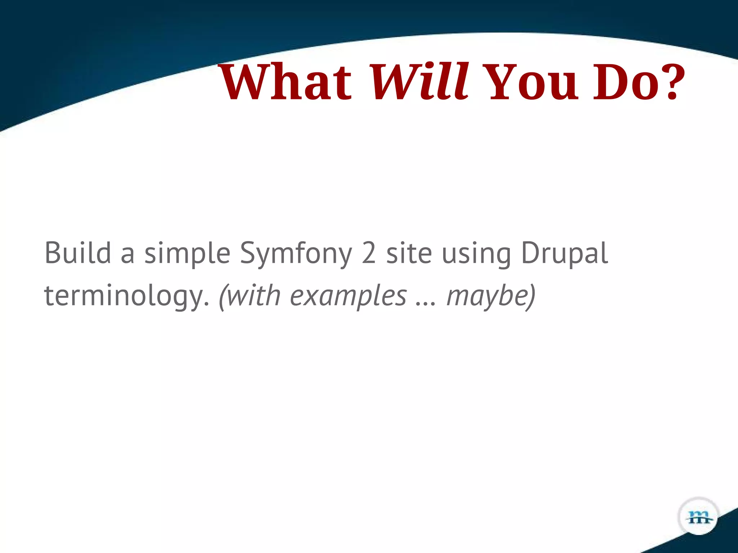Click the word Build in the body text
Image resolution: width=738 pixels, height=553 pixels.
pos(77,253)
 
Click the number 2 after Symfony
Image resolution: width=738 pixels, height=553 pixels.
pos(369,253)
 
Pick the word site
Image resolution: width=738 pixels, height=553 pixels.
pos(409,253)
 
